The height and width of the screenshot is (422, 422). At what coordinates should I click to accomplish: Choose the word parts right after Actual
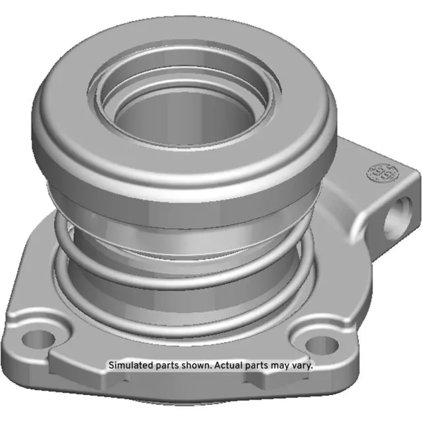[x=258, y=365]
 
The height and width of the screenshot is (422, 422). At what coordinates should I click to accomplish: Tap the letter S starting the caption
[x=111, y=365]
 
